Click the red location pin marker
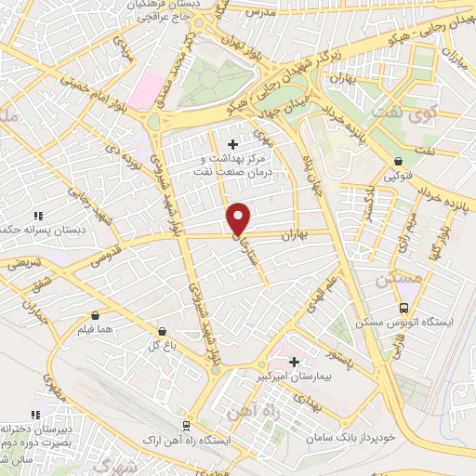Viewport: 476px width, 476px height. (239, 218)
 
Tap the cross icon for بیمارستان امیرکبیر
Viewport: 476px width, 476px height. (295, 362)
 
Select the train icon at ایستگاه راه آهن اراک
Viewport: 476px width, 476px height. (187, 426)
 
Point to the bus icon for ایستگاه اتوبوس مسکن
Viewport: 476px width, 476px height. (403, 308)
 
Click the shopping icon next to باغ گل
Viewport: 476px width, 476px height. (163, 330)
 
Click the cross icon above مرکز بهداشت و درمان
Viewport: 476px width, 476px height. (232, 144)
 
